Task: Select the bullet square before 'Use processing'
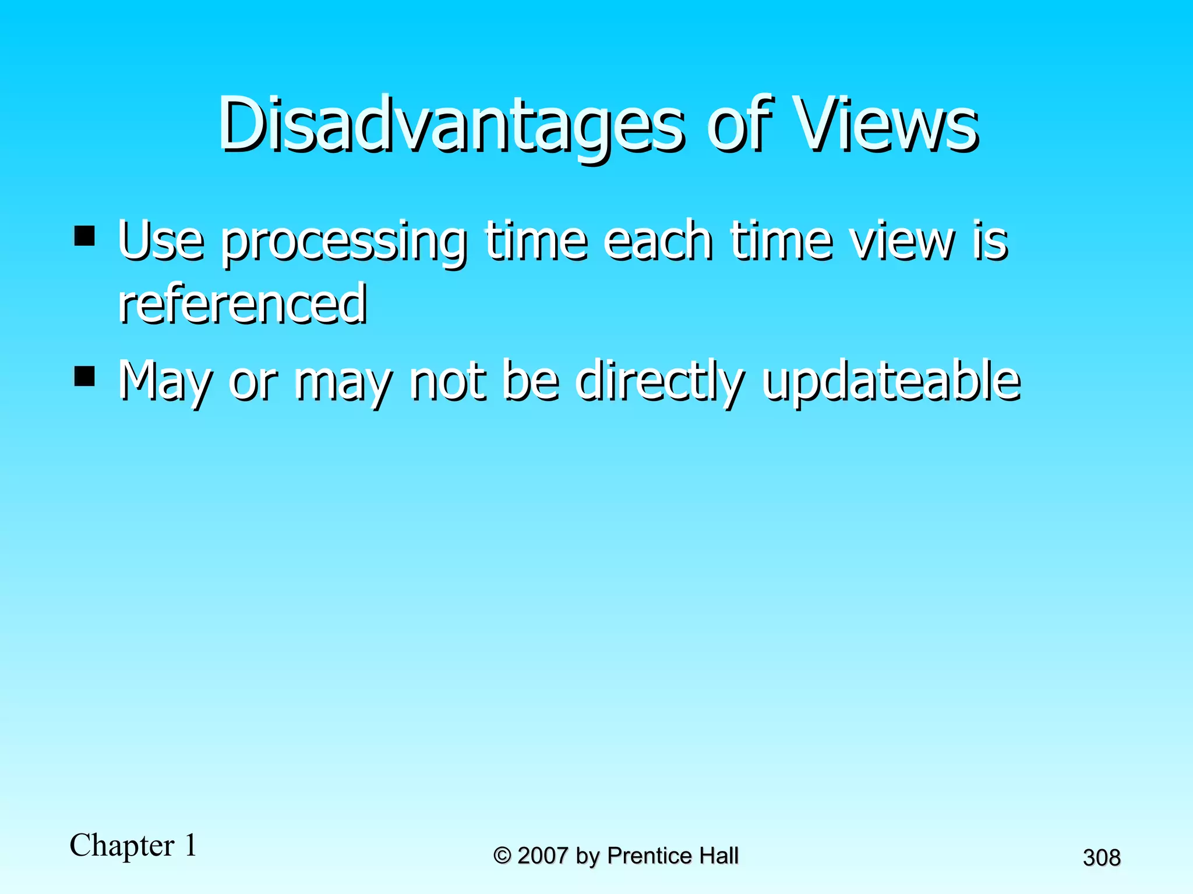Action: coord(85,236)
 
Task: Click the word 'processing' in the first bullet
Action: coord(343,242)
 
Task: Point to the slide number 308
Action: coord(1101,857)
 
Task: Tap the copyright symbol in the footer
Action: coord(502,856)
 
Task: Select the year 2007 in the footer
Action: coord(542,856)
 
